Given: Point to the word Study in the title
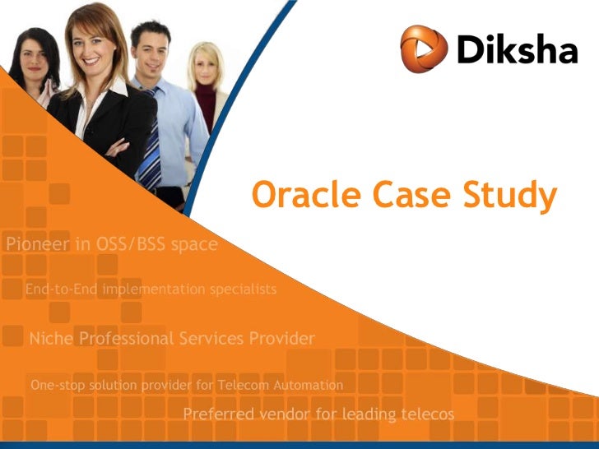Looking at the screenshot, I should pos(510,196).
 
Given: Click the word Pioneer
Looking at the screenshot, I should pos(38,244).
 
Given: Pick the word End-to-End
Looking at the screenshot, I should pos(60,289).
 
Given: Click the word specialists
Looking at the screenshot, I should pos(242,289).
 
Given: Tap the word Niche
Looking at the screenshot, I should pos(51,338).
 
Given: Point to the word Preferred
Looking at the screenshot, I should pos(217,414).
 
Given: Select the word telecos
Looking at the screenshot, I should pos(426,414).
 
